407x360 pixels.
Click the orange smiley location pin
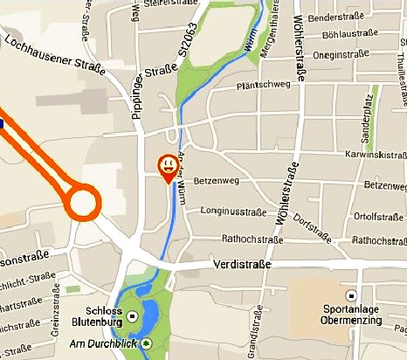[x=166, y=165]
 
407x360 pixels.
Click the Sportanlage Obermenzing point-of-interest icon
[x=352, y=296]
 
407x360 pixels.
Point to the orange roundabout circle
[x=84, y=203]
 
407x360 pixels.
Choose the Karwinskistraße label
[x=370, y=156]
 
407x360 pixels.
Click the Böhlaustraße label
[x=349, y=36]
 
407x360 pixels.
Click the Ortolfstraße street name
[x=376, y=216]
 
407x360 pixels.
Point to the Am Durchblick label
[x=104, y=343]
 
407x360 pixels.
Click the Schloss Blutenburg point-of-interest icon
[x=133, y=315]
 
